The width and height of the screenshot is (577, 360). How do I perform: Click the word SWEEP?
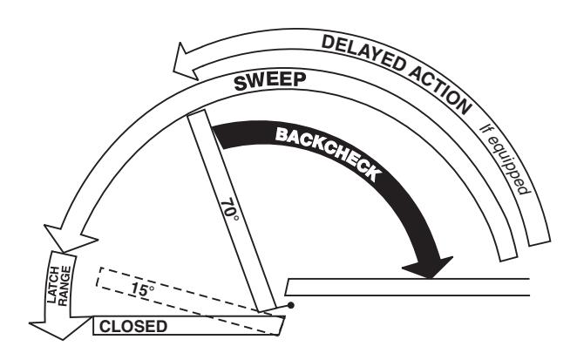pyautogui.click(x=270, y=81)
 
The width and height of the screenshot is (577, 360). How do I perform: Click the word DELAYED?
pyautogui.click(x=363, y=52)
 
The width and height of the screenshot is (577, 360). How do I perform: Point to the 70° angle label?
pyautogui.click(x=229, y=210)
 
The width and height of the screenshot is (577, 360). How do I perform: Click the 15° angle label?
pyautogui.click(x=143, y=289)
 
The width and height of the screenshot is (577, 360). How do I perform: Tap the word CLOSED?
pyautogui.click(x=133, y=327)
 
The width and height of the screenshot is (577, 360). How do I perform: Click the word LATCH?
pyautogui.click(x=54, y=284)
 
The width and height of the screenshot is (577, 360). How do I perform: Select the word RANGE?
pyautogui.click(x=64, y=286)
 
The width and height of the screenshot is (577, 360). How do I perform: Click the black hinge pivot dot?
pyautogui.click(x=291, y=305)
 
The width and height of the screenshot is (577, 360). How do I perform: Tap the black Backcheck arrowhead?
pyautogui.click(x=428, y=267)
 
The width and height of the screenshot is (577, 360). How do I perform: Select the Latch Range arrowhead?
pyautogui.click(x=61, y=329)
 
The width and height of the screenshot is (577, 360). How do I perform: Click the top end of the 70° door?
pyautogui.click(x=196, y=113)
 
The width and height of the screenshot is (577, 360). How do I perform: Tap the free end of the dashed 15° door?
pyautogui.click(x=98, y=277)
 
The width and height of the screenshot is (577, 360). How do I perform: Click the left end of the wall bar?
pyautogui.click(x=287, y=287)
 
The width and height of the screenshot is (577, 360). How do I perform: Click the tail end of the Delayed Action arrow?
pyautogui.click(x=540, y=242)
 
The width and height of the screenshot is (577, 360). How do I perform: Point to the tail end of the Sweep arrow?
pyautogui.click(x=508, y=258)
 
